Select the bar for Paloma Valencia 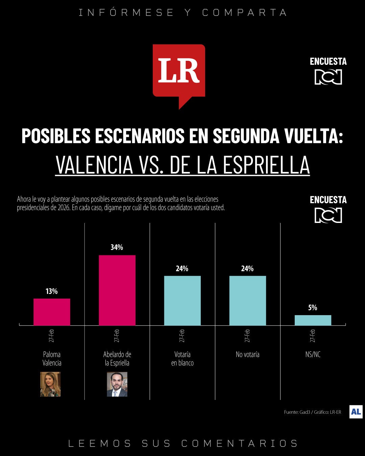52,312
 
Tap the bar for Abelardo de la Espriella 117,290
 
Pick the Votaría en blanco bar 182,301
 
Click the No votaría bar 247,301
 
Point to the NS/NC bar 313,320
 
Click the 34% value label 117,247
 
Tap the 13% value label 51,291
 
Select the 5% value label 313,308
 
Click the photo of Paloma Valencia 50,384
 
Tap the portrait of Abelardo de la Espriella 117,384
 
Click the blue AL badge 356,412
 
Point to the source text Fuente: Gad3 297,412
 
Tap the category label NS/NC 313,354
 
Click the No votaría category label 247,354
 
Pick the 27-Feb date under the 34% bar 117,335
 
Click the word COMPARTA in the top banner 244,12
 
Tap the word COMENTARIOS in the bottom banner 240,443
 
